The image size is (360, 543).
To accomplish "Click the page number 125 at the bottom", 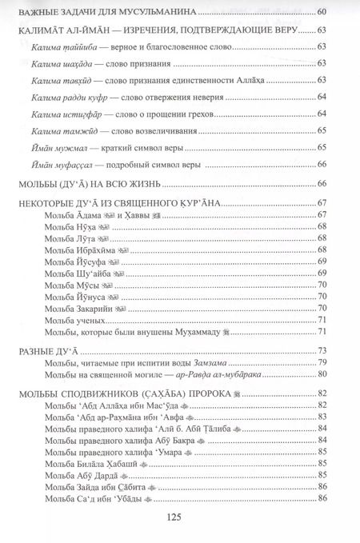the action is click(x=179, y=516).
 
